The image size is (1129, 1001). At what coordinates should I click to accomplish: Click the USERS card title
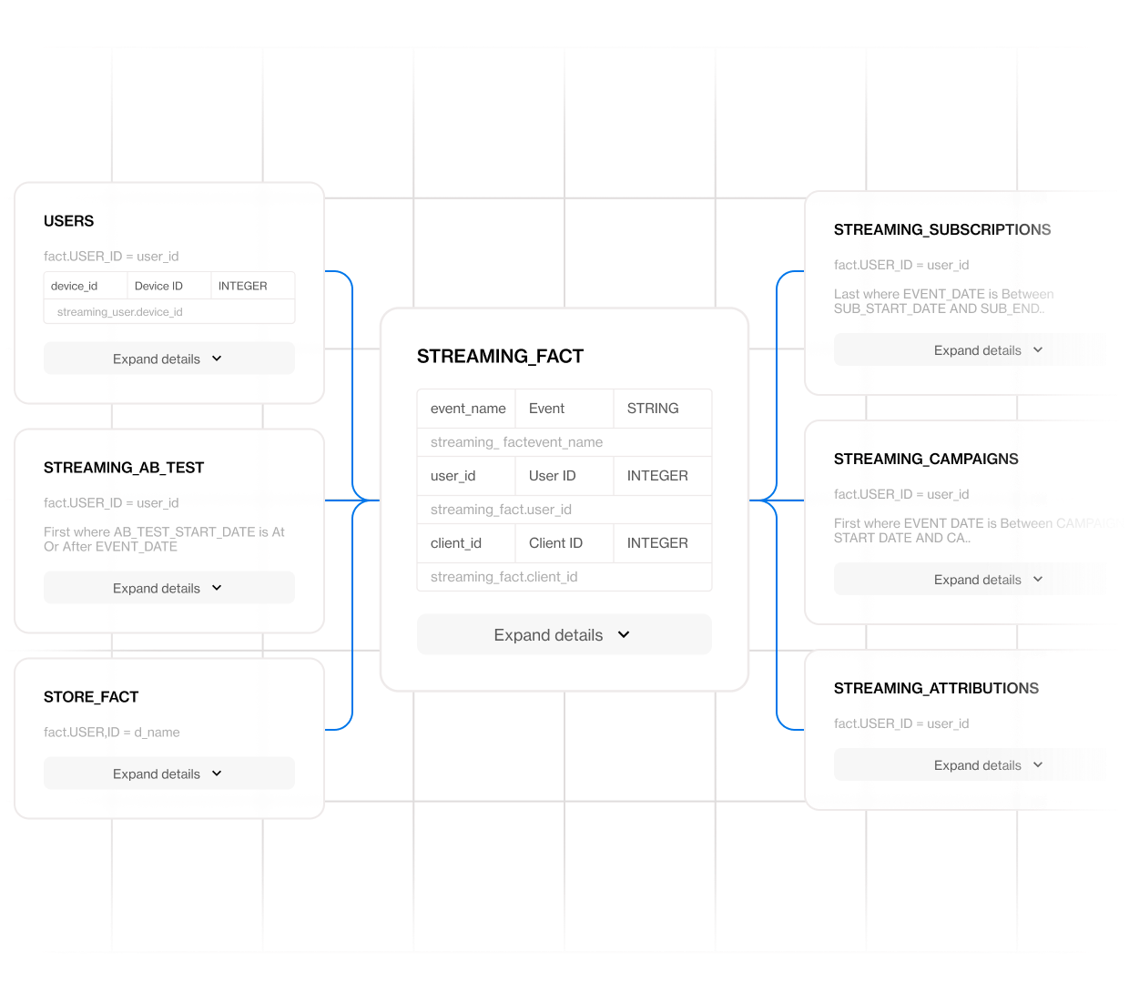point(69,221)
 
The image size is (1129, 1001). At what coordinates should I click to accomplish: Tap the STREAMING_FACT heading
point(500,357)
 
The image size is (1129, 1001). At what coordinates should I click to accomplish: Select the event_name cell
point(468,409)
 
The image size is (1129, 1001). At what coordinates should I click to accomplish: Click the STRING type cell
point(653,409)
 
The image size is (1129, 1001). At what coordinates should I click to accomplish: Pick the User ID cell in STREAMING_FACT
point(553,476)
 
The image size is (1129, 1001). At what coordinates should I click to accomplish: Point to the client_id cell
point(456,543)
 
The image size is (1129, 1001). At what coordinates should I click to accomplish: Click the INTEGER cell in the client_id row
point(657,543)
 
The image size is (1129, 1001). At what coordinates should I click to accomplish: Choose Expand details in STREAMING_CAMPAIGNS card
point(978,580)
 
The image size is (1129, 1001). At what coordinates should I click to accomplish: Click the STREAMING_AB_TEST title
point(124,468)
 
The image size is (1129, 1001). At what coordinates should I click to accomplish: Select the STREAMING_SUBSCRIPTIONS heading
point(942,230)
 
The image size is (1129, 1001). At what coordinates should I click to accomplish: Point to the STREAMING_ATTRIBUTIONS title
point(936,689)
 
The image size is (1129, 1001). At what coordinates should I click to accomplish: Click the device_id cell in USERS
point(75,286)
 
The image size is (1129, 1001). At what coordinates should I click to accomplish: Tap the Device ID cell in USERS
point(159,286)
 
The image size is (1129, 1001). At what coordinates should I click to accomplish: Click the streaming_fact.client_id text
point(504,577)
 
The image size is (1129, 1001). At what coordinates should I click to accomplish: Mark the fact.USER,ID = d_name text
point(112,733)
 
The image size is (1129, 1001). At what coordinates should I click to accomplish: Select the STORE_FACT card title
point(91,697)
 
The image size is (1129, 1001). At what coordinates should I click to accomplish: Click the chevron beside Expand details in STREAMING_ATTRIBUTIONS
point(1038,765)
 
